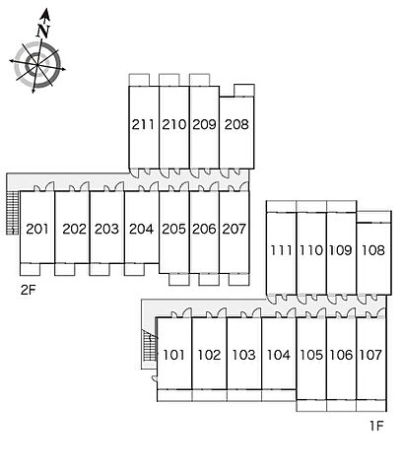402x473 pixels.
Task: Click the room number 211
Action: tap(143, 124)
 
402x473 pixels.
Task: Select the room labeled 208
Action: tap(236, 124)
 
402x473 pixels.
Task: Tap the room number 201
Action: tap(37, 229)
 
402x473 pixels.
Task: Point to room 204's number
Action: tap(141, 229)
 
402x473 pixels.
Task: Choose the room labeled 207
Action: tap(234, 229)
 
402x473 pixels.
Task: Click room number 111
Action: tap(281, 250)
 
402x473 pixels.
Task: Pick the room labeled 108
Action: tap(373, 250)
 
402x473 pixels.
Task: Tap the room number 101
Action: tap(173, 355)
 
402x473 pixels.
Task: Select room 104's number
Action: tap(279, 355)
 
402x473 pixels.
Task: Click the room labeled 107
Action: tap(370, 355)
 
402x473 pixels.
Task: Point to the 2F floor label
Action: tap(28, 290)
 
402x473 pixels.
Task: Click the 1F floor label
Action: tap(376, 426)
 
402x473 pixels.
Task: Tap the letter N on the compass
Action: tap(43, 32)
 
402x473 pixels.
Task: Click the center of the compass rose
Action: tap(37, 64)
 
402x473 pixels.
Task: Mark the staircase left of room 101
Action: tap(148, 349)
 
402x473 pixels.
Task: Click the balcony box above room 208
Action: tap(244, 91)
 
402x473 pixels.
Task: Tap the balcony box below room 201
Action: tap(30, 269)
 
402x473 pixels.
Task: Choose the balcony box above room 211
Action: tap(139, 80)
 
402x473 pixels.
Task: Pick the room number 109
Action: tap(341, 250)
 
